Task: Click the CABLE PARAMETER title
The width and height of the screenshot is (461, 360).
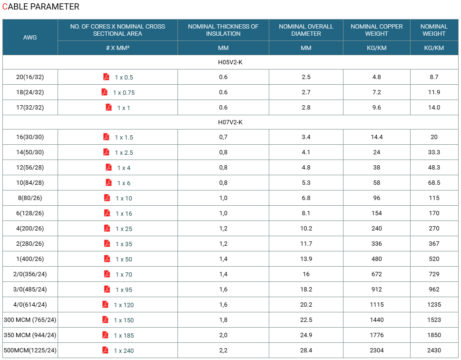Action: (x=40, y=7)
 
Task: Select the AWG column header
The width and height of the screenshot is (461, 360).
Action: (x=30, y=38)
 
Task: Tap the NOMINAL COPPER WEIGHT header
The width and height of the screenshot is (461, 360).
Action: (x=377, y=30)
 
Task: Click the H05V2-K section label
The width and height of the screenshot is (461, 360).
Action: (x=230, y=62)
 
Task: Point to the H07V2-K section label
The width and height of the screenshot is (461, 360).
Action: (x=230, y=122)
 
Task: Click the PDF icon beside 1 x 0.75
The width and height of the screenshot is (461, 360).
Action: (x=104, y=92)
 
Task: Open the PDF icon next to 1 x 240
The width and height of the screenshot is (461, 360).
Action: (x=105, y=350)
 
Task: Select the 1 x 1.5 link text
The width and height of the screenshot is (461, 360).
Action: (x=124, y=138)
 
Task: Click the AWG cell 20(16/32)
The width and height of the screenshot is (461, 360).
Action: (x=30, y=77)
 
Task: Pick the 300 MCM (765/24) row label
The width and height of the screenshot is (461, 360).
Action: (x=30, y=320)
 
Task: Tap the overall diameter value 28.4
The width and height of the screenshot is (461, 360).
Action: (x=306, y=350)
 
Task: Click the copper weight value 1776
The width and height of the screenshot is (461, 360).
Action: (x=377, y=335)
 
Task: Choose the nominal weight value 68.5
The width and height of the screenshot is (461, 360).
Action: (x=434, y=183)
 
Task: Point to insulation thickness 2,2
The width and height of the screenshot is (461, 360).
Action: (x=223, y=350)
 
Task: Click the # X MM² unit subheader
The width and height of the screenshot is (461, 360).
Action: (x=118, y=48)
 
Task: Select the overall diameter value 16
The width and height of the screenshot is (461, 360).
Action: (x=306, y=274)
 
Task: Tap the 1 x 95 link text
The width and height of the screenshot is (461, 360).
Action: (x=124, y=290)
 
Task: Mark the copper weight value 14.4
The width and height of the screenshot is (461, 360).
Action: (x=377, y=137)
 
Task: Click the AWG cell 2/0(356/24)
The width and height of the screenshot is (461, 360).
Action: (x=30, y=274)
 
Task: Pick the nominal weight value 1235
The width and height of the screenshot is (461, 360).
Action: (x=434, y=305)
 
